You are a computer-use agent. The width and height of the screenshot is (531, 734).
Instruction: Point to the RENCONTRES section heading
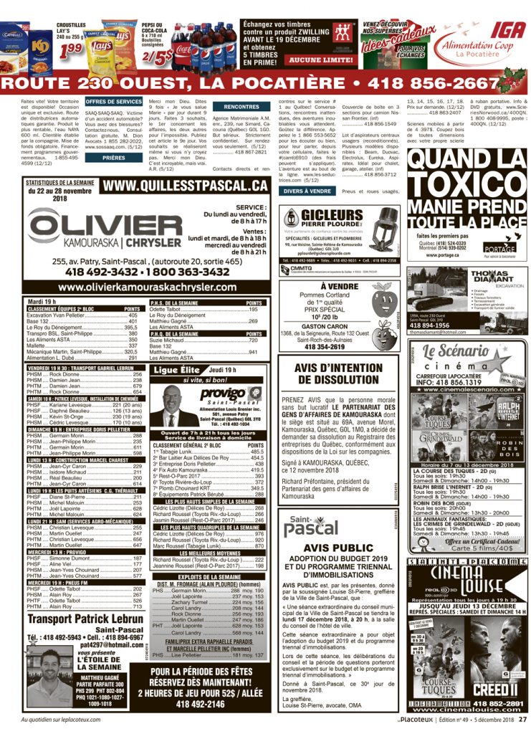241,106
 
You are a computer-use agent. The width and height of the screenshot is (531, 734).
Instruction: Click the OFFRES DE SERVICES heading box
113,102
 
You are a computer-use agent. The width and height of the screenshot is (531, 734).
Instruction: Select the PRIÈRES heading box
113,157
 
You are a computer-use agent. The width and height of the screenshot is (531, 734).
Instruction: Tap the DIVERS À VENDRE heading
307,191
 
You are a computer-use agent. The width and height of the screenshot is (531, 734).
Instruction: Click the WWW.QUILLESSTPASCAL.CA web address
186,187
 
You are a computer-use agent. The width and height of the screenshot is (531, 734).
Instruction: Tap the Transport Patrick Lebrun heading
85,619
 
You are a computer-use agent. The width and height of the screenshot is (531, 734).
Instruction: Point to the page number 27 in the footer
522,719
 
